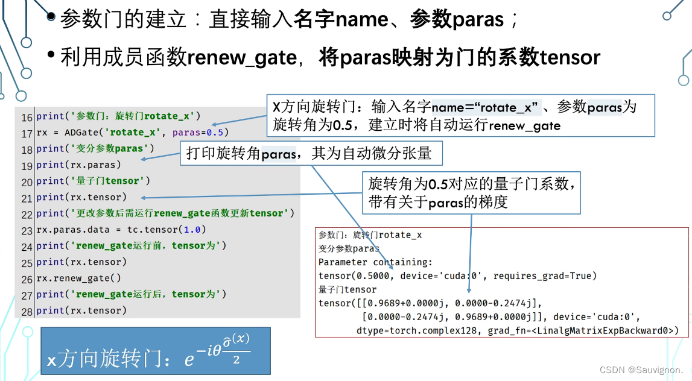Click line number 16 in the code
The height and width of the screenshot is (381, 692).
(27, 116)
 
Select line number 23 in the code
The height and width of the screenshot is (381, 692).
(27, 230)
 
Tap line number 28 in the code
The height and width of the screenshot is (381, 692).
(27, 311)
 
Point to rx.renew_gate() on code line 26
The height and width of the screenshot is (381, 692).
(78, 279)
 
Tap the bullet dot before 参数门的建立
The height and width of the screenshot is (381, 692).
(52, 18)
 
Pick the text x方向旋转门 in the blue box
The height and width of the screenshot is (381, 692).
(103, 360)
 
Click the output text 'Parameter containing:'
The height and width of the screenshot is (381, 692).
(375, 262)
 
